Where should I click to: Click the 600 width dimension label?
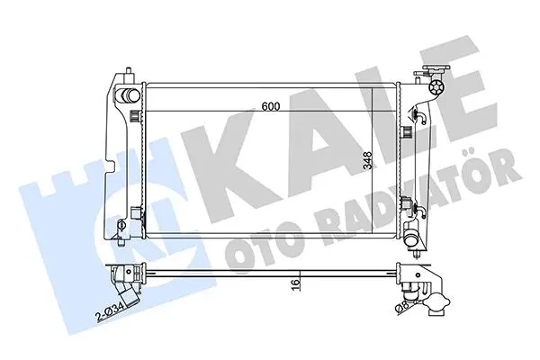click(x=271, y=106)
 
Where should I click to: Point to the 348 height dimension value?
click(x=368, y=160)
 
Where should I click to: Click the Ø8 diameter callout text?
click(x=402, y=309)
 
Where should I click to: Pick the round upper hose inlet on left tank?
click(x=129, y=95)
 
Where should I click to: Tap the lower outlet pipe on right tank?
click(x=412, y=238)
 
